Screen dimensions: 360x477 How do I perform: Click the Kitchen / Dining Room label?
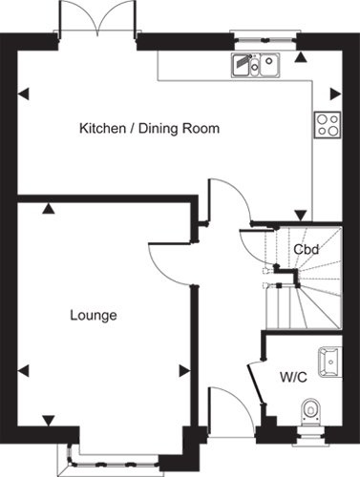pos(149,129)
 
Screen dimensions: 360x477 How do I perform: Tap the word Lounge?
pos(94,316)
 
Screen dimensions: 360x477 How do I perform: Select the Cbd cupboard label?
pos(306,249)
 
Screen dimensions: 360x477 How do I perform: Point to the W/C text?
pos(293,377)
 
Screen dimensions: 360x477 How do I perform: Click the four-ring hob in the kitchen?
pos(328,125)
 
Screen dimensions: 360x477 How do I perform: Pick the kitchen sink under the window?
pos(256,65)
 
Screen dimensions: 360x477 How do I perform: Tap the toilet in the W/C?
pos(310,411)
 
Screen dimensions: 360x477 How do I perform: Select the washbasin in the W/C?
pos(330,362)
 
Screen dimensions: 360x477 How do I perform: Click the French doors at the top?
pos(97,16)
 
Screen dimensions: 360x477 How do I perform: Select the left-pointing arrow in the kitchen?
pos(23,94)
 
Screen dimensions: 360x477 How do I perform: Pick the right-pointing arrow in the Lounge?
pos(184,371)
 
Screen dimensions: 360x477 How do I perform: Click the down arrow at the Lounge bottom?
pos(49,421)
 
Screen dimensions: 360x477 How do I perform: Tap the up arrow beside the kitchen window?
pos(300,57)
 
